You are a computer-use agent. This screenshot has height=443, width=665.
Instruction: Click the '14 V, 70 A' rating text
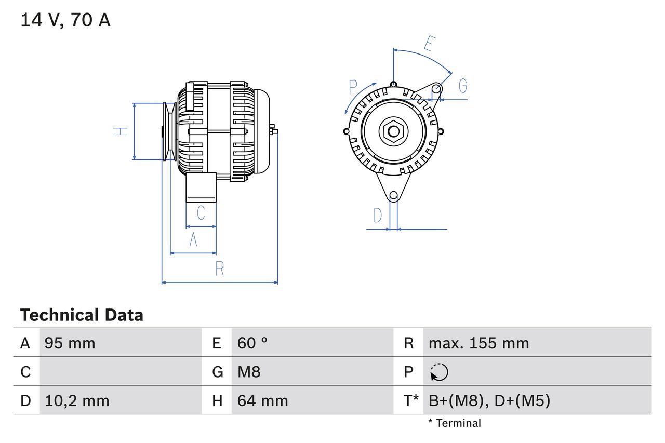(x=65, y=20)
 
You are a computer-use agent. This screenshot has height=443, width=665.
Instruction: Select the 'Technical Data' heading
(x=82, y=315)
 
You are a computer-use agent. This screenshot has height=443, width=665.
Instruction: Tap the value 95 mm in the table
(x=70, y=343)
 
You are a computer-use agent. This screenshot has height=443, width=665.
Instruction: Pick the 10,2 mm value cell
(x=77, y=401)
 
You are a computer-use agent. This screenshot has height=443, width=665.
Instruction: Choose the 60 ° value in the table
(x=252, y=343)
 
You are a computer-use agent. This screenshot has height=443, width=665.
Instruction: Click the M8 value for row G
(x=249, y=372)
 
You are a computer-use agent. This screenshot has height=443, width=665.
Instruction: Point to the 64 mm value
(x=262, y=401)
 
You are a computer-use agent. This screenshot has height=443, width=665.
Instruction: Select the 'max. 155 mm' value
(x=478, y=343)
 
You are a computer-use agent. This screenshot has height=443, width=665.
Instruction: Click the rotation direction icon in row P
(x=440, y=372)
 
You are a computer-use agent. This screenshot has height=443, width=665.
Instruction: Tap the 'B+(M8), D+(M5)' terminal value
(x=489, y=401)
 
